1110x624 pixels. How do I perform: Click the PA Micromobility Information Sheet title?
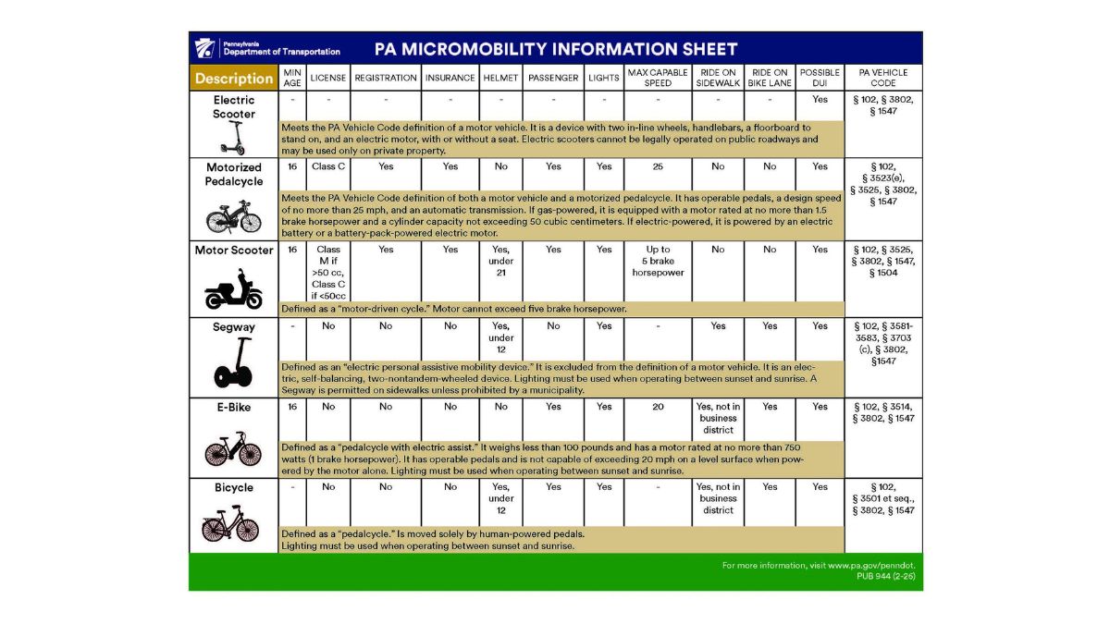click(x=556, y=49)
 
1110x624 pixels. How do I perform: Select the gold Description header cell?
click(x=234, y=79)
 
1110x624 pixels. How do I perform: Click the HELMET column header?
click(x=500, y=79)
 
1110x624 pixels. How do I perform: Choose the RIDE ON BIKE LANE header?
click(x=770, y=79)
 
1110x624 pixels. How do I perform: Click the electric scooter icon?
click(x=234, y=138)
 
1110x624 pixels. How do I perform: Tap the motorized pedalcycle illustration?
click(x=234, y=216)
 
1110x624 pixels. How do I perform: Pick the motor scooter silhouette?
click(x=234, y=290)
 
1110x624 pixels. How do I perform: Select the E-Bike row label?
click(x=234, y=407)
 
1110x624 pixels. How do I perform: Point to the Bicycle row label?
click(x=234, y=487)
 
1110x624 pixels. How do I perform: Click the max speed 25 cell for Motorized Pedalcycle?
click(x=657, y=167)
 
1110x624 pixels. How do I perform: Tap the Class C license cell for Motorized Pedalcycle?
click(x=328, y=167)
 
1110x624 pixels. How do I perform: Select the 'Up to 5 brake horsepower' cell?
click(x=657, y=262)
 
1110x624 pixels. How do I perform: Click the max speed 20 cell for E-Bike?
click(x=657, y=407)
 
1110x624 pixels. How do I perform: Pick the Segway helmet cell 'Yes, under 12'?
click(x=500, y=338)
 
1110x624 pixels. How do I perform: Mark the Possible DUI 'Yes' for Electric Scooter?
click(x=820, y=100)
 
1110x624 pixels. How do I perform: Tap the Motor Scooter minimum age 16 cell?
click(x=292, y=250)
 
